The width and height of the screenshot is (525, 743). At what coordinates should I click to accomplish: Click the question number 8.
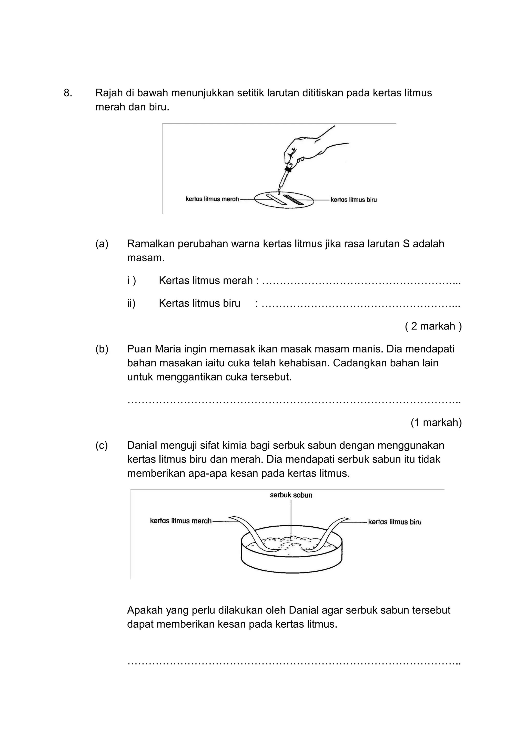tap(68, 93)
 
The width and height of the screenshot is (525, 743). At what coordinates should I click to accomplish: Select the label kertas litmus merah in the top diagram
tap(212, 199)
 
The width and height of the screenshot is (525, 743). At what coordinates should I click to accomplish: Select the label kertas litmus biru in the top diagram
tap(354, 200)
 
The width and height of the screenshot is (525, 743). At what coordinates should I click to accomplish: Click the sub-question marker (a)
tap(102, 244)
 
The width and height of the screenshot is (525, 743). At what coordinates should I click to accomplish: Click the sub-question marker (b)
tap(102, 349)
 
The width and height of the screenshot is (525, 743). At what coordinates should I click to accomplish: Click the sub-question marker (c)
tap(102, 446)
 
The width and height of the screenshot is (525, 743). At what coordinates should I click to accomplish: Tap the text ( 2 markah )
tap(433, 326)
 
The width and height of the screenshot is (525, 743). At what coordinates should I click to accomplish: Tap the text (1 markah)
tap(436, 422)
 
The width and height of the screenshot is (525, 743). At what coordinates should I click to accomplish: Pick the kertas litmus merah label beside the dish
tap(180, 521)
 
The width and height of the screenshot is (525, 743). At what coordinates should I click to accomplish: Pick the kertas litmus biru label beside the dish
tap(395, 522)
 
